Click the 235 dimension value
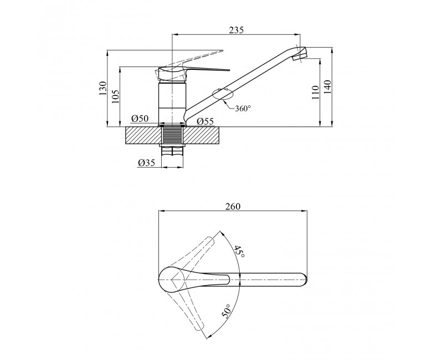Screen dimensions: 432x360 tap(236, 30)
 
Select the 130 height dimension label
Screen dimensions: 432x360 tap(102, 88)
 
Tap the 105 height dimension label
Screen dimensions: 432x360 tap(115, 96)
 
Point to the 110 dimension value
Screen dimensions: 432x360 tap(316, 92)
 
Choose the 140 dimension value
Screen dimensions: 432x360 tap(328, 87)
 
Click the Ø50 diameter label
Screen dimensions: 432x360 tap(140, 119)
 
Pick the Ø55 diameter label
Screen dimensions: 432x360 tap(205, 121)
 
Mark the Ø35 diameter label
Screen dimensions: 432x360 tap(146, 163)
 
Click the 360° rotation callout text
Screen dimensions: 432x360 tap(243, 108)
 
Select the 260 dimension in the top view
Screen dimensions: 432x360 tap(233, 206)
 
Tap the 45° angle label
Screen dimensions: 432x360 tap(239, 251)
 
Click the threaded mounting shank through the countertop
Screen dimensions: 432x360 tap(172, 135)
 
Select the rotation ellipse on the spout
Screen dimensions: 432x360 tap(223, 94)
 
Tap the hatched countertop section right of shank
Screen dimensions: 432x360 tap(202, 136)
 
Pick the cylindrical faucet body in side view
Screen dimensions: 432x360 tap(172, 102)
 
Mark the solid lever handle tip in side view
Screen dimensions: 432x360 tap(228, 70)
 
